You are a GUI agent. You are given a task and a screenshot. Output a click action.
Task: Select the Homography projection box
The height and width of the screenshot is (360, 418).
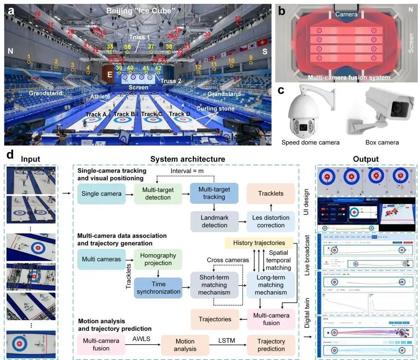(x=158, y=259)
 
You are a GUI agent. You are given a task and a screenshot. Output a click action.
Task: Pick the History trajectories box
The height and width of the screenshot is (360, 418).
(x=259, y=243)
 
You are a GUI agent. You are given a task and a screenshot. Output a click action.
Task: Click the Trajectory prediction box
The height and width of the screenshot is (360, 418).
(x=271, y=345)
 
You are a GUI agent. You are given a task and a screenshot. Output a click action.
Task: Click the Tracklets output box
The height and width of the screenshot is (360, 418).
(x=271, y=193)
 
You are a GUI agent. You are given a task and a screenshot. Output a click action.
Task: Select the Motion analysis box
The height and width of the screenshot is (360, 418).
(x=185, y=345)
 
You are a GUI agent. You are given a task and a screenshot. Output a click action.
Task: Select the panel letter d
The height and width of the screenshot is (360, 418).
(x=10, y=155)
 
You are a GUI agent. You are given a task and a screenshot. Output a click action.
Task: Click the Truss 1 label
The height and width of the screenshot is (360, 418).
(x=140, y=37)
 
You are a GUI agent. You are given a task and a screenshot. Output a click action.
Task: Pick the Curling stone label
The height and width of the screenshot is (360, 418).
(x=215, y=109)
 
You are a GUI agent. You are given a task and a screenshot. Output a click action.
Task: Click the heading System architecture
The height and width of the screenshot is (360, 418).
(x=187, y=159)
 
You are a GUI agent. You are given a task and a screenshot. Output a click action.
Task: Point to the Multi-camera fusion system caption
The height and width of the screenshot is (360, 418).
(x=349, y=77)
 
